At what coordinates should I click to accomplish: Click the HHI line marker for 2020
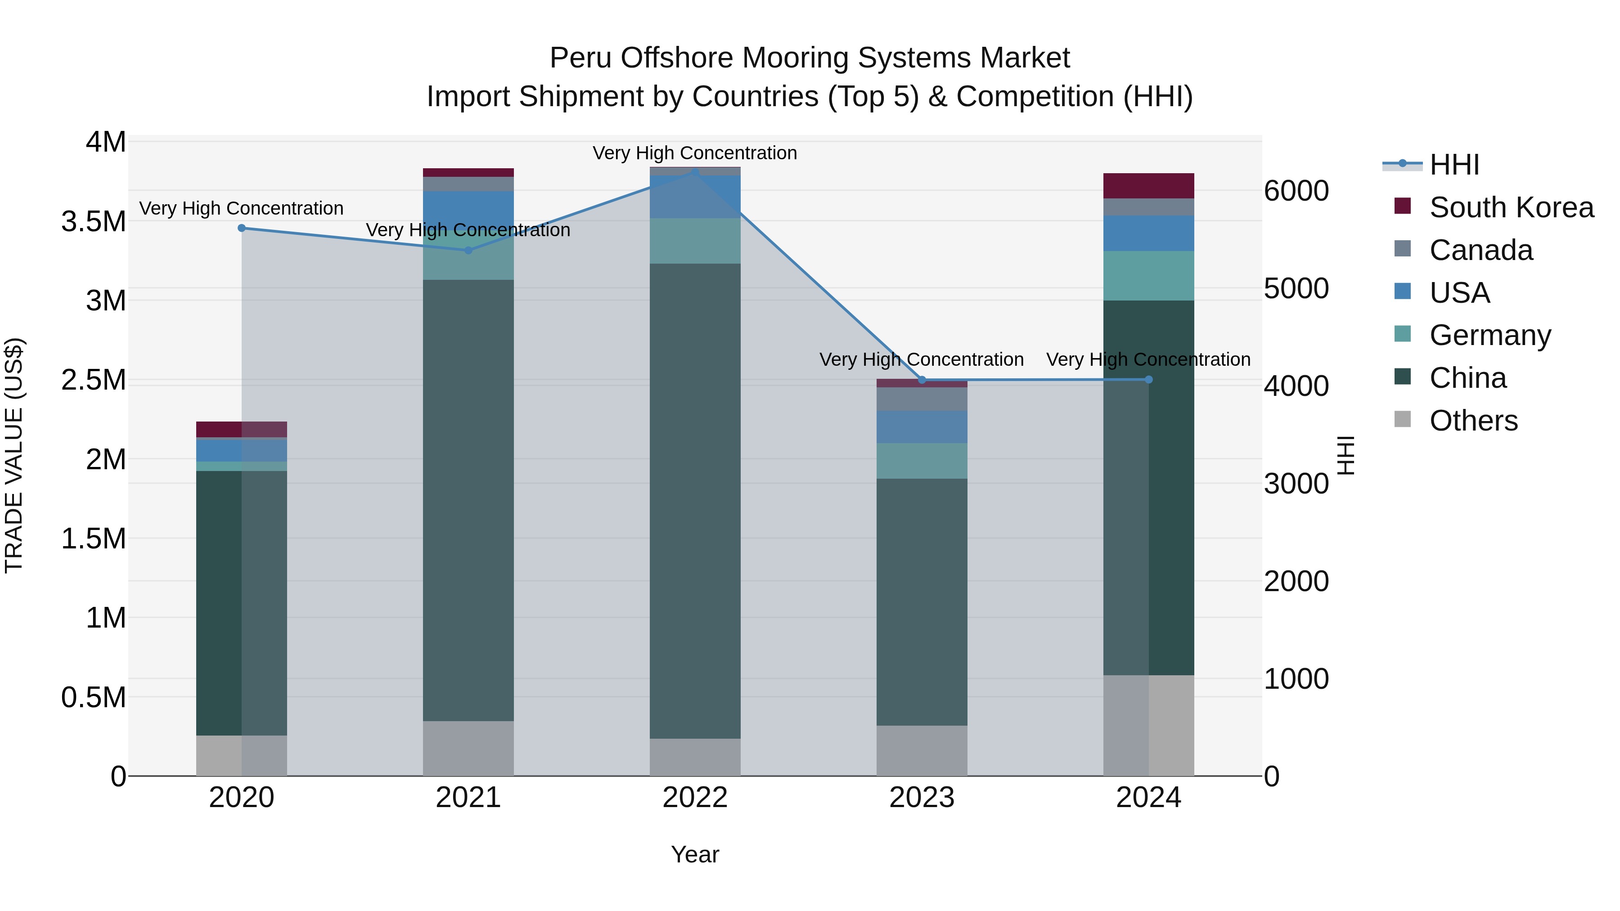(x=242, y=228)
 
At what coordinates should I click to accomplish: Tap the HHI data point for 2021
(x=468, y=250)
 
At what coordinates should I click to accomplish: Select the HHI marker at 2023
(x=922, y=380)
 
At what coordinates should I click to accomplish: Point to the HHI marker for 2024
(x=1148, y=379)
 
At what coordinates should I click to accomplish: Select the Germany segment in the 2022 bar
(x=695, y=241)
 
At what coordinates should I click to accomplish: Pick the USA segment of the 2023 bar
(x=922, y=427)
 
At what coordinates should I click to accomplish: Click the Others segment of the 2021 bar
(x=468, y=748)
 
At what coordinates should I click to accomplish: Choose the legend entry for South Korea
(x=1511, y=207)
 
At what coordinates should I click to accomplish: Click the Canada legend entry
(x=1481, y=250)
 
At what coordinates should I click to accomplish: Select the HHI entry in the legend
(x=1454, y=165)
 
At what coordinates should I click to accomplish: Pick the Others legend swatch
(x=1402, y=419)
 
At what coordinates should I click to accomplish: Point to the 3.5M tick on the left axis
(x=93, y=221)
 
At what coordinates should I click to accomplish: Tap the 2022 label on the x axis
(x=695, y=798)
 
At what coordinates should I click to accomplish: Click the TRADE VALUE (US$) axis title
(x=14, y=455)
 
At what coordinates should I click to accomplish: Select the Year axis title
(x=695, y=854)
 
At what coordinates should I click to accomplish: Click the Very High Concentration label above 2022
(x=695, y=153)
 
